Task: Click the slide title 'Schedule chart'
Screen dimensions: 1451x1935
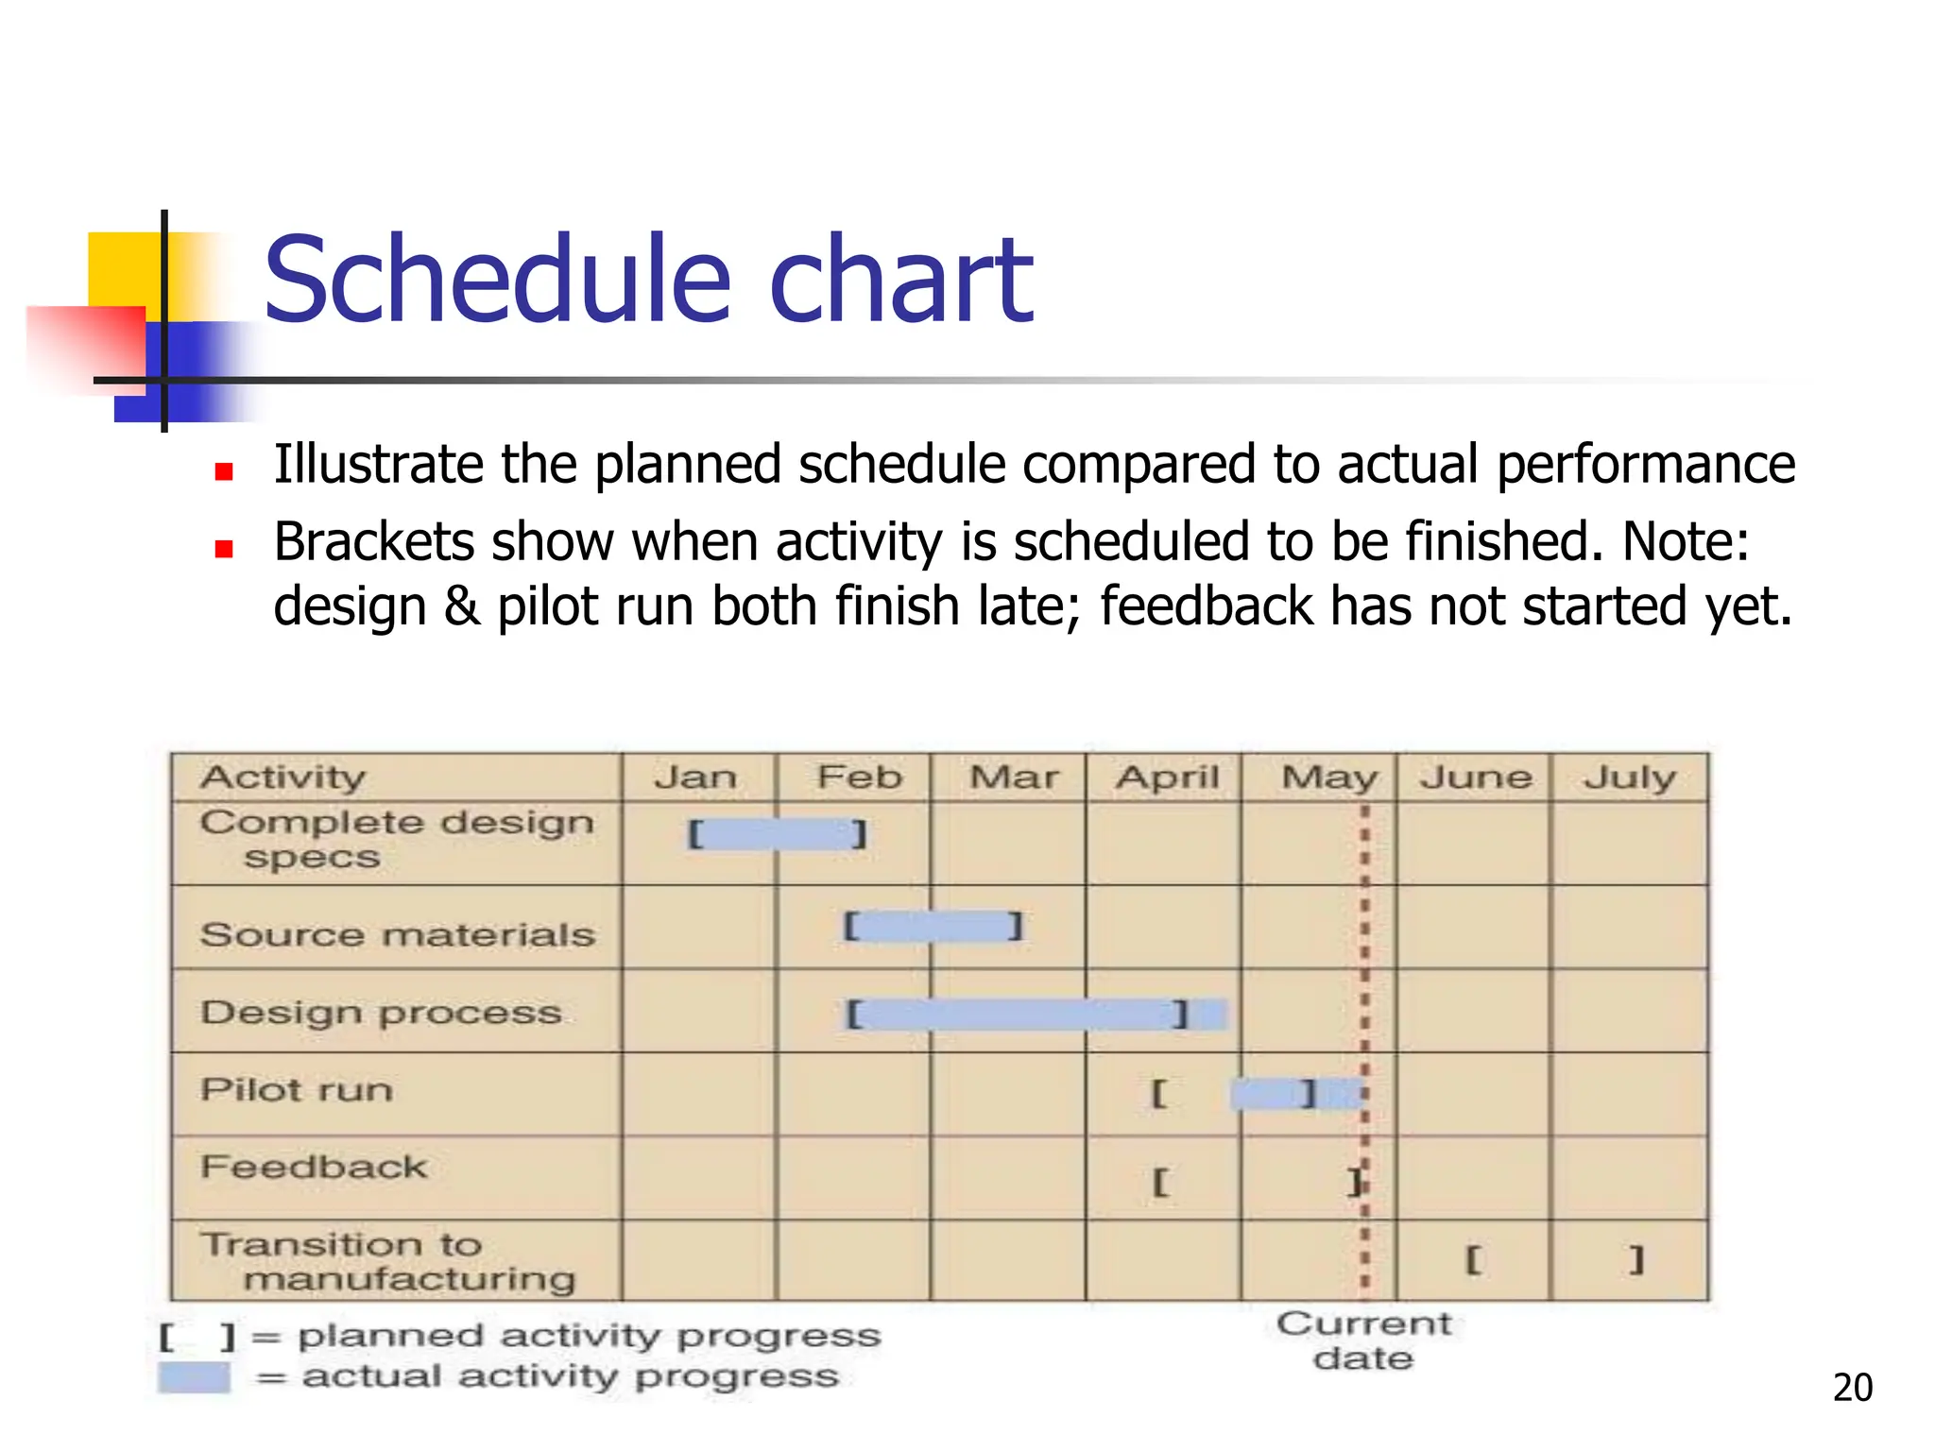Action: click(x=648, y=280)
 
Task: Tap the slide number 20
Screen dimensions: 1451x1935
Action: click(x=1852, y=1388)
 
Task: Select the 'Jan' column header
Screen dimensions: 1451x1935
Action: click(x=696, y=777)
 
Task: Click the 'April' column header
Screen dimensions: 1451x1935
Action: click(x=1168, y=777)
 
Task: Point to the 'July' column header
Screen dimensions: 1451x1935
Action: click(x=1630, y=777)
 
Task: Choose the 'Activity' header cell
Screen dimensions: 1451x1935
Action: click(x=283, y=777)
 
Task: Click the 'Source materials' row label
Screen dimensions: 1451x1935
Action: click(x=398, y=935)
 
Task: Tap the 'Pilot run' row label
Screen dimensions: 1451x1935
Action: click(x=297, y=1090)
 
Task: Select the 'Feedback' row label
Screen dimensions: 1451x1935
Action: click(x=314, y=1168)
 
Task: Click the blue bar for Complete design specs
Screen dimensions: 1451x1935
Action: click(x=777, y=834)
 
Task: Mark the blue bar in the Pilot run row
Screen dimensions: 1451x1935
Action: click(x=1294, y=1095)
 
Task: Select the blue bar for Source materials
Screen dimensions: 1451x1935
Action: click(x=933, y=927)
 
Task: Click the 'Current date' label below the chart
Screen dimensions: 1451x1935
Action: click(x=1363, y=1340)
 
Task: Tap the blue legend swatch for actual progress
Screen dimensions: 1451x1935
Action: click(x=195, y=1377)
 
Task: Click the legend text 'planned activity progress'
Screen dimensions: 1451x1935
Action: click(x=589, y=1336)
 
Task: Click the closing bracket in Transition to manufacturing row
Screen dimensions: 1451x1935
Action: click(x=1636, y=1259)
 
